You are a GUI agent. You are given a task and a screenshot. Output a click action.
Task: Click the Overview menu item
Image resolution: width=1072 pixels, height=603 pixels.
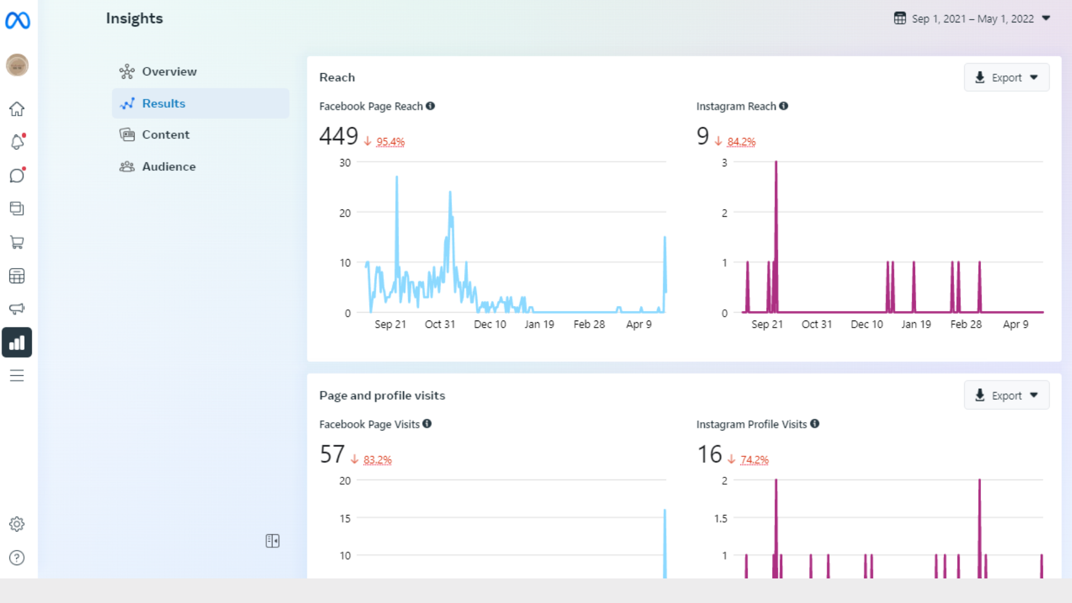169,71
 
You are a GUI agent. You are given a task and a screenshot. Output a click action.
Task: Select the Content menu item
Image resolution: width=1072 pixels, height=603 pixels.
165,135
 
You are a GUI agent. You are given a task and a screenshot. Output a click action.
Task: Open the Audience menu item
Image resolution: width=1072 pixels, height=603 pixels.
168,166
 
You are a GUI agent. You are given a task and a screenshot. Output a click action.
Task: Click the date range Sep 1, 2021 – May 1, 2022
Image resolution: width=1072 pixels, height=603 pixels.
972,19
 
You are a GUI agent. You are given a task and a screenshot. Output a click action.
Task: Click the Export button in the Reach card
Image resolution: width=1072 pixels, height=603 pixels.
1006,78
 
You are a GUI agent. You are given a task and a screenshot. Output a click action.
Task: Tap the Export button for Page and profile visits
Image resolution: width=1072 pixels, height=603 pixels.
1006,395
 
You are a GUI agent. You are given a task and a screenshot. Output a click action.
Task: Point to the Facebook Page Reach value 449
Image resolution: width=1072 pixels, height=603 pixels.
338,136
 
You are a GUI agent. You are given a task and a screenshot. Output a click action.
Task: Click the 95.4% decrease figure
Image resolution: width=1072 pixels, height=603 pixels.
390,142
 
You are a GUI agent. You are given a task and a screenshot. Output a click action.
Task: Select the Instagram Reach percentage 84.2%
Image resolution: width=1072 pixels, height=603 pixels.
741,142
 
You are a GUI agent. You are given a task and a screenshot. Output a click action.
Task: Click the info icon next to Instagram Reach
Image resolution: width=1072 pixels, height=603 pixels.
784,106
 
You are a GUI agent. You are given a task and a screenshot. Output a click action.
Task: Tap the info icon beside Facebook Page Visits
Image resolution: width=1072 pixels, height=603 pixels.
427,424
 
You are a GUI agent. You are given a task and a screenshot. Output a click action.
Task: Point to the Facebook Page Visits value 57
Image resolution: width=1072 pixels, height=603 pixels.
332,454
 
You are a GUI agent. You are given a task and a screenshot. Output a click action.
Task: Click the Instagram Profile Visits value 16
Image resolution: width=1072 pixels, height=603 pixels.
709,454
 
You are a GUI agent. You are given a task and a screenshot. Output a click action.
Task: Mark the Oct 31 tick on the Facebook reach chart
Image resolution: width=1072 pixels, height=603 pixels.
440,324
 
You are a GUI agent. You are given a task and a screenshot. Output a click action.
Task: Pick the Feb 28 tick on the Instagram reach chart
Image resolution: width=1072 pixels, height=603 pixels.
966,324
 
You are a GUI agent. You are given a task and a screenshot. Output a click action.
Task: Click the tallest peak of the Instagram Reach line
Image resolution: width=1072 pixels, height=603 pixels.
776,162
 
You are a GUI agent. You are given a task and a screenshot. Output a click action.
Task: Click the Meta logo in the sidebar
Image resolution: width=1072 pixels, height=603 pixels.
17,21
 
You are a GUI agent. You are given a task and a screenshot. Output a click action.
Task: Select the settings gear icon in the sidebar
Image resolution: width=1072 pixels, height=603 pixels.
17,524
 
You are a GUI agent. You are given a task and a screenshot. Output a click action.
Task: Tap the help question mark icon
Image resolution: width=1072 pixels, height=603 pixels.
17,558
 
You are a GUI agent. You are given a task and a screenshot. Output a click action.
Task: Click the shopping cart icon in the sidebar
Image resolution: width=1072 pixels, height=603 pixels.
17,242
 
